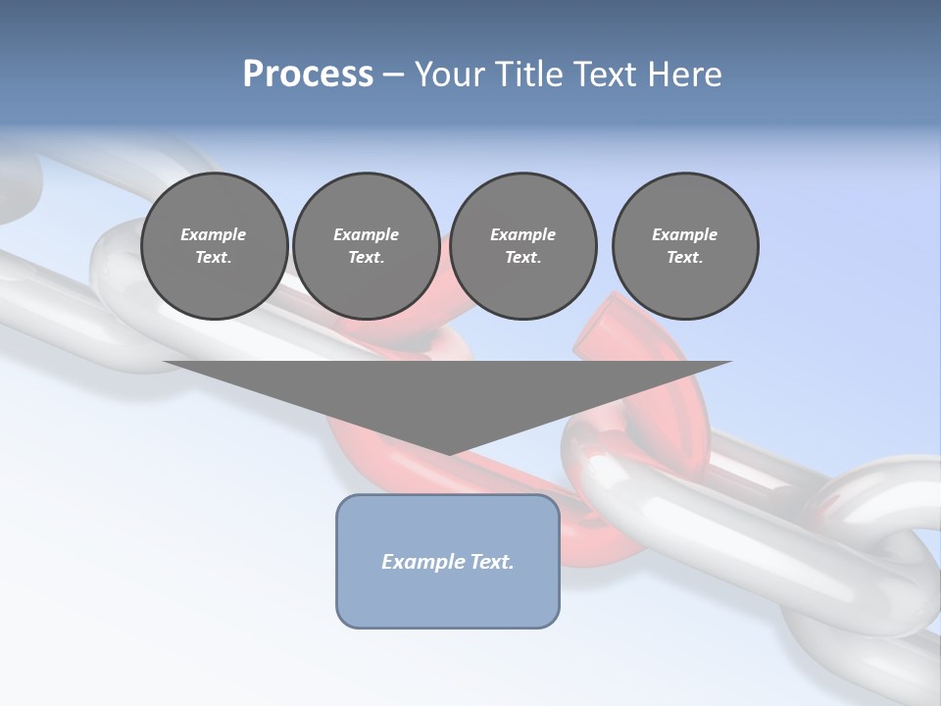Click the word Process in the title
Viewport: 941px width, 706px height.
click(308, 75)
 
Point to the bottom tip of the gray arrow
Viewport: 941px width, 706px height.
click(448, 453)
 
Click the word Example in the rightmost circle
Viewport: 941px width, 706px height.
click(684, 234)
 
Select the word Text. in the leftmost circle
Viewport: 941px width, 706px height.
click(214, 257)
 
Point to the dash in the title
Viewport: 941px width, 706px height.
click(394, 75)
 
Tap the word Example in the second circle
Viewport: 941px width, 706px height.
click(366, 234)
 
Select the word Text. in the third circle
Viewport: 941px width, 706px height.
click(522, 257)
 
